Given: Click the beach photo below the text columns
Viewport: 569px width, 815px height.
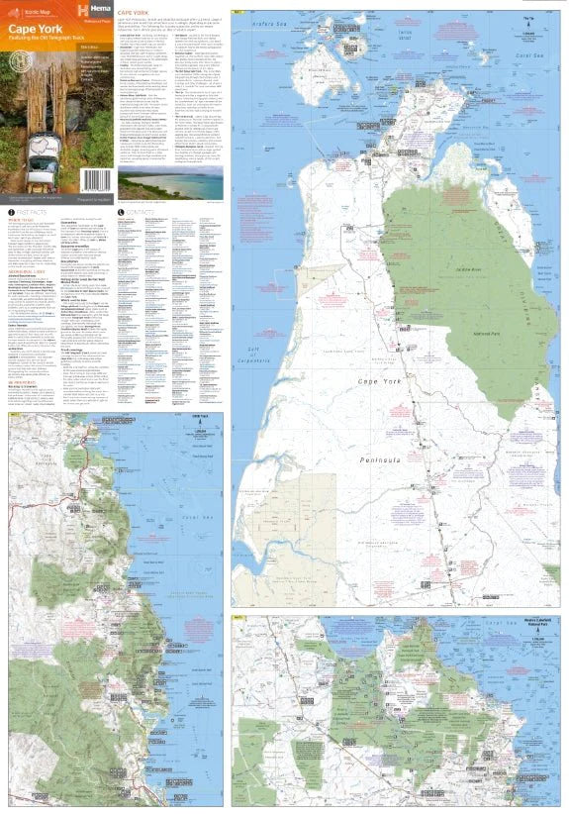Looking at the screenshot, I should click(156, 183).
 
